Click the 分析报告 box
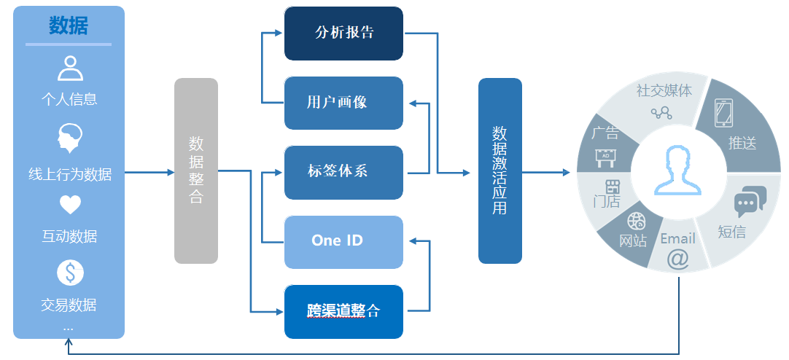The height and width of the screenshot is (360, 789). (343, 33)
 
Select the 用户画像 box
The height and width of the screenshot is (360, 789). (343, 103)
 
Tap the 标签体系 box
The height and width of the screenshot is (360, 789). (343, 172)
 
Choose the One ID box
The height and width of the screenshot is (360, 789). (343, 241)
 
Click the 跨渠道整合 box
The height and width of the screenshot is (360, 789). (343, 311)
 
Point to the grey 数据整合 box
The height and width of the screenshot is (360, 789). (196, 171)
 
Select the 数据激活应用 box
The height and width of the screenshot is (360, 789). (500, 171)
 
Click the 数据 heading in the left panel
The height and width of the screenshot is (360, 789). (69, 26)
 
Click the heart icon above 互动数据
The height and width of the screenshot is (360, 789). (70, 206)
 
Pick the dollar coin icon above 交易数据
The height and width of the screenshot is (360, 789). (70, 273)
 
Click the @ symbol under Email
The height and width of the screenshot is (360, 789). (677, 259)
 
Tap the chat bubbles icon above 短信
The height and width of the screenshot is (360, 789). (750, 201)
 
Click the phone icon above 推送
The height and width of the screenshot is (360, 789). (723, 113)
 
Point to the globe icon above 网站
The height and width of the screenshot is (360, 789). (636, 221)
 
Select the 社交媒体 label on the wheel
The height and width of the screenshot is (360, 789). (664, 90)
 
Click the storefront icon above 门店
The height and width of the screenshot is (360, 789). (611, 186)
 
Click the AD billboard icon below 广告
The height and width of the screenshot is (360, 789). (605, 154)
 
